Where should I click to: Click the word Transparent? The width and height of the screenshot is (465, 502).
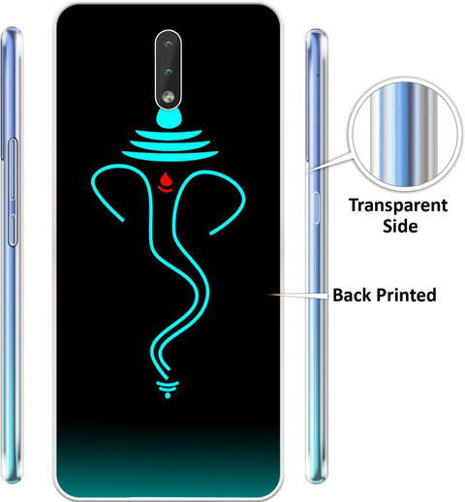click(x=398, y=205)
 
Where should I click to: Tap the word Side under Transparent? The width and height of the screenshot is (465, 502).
click(x=400, y=226)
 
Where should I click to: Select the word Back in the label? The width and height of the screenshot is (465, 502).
click(x=352, y=295)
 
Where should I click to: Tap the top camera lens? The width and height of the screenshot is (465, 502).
click(x=168, y=44)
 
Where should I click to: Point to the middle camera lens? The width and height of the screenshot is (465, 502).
click(x=168, y=71)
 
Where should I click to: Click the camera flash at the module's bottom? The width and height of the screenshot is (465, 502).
click(x=169, y=96)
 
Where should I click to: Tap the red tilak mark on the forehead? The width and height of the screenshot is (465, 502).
click(x=165, y=181)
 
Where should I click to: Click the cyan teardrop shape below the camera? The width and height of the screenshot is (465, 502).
click(x=169, y=118)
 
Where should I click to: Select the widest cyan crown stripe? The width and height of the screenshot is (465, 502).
click(x=170, y=155)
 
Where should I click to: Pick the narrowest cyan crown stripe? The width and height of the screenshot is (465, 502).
click(x=169, y=135)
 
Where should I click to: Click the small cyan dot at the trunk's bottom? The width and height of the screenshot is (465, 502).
click(x=168, y=395)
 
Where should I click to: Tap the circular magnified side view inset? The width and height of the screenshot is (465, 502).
click(x=404, y=135)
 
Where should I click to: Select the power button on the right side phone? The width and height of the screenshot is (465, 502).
click(x=316, y=208)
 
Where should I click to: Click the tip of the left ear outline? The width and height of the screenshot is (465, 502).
click(x=123, y=221)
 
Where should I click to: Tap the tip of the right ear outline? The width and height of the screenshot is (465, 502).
click(x=211, y=233)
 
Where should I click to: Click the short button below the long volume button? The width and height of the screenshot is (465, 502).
click(x=13, y=230)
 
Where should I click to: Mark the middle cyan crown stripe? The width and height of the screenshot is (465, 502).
click(x=170, y=144)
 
